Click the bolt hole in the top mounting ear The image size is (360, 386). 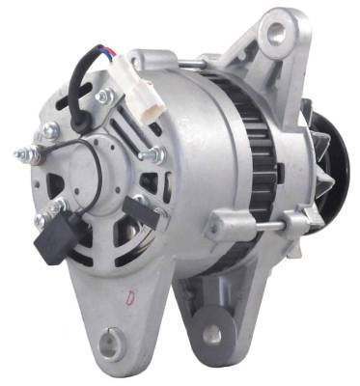tap(277, 31)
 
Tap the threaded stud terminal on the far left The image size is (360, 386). tap(21, 153)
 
